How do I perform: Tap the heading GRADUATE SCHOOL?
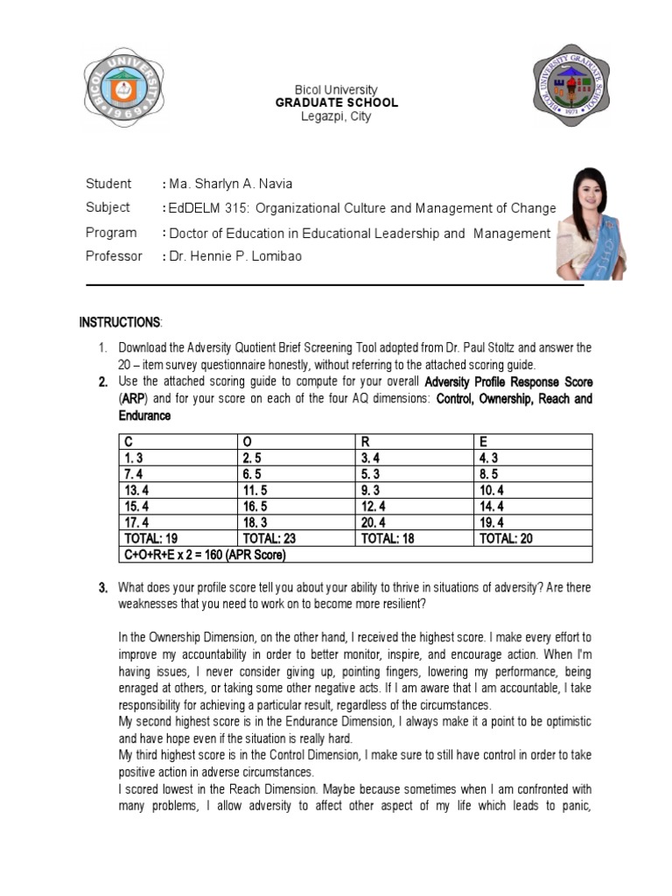[x=337, y=102]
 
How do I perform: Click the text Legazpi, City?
[x=336, y=116]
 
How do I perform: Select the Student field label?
[x=108, y=184]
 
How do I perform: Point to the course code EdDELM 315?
[x=202, y=208]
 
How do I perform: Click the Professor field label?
[x=114, y=256]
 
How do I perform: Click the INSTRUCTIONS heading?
[x=120, y=323]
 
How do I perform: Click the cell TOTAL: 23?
[x=271, y=539]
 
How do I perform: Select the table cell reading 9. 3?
[x=370, y=490]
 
